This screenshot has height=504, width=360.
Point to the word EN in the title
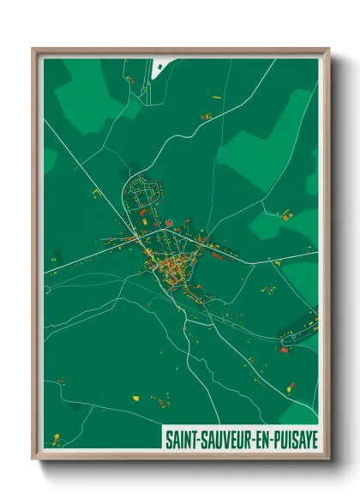(261, 439)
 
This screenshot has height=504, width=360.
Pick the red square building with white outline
(170, 224)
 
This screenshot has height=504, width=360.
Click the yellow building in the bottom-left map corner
(57, 438)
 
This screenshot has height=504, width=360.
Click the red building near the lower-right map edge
(285, 349)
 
